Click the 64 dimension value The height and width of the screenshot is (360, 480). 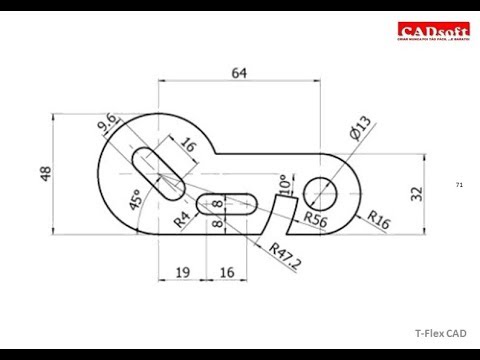[x=239, y=72]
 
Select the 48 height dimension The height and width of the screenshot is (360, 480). [x=45, y=173]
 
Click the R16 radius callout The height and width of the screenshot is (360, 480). [x=378, y=218]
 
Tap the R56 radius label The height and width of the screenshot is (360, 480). [x=318, y=217]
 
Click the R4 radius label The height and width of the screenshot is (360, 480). [x=183, y=218]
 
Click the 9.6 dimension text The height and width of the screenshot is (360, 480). [x=110, y=126]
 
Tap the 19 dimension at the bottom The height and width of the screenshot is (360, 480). [x=182, y=271]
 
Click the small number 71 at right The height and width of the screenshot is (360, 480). [x=459, y=186]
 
